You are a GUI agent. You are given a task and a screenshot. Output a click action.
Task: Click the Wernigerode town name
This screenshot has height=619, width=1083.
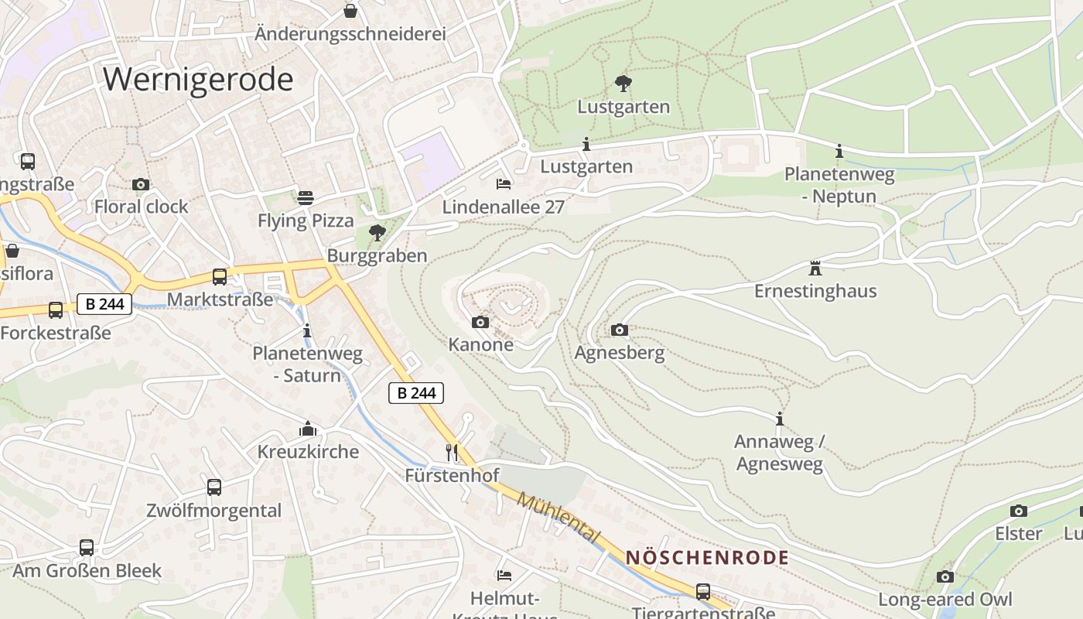198,80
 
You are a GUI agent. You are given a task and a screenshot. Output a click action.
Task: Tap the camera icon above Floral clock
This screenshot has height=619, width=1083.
141,184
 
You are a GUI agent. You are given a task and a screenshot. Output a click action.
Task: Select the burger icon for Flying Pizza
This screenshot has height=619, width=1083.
306,198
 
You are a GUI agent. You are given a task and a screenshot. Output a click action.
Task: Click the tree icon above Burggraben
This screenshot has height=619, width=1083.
378,232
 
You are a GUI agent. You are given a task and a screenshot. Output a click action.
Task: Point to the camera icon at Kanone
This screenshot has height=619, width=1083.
480,322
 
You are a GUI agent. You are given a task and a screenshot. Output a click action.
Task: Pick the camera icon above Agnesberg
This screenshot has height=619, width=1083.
620,330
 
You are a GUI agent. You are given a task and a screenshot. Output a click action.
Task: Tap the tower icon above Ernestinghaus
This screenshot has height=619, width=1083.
815,268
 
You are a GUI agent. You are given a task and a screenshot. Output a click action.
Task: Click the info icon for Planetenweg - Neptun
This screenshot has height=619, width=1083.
839,151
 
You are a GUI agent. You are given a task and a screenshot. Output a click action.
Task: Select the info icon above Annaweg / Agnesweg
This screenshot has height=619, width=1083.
780,419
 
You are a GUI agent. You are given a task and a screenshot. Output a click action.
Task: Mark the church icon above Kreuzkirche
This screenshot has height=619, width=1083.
308,429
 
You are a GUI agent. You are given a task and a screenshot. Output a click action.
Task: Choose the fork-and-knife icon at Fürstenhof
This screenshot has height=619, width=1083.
453,452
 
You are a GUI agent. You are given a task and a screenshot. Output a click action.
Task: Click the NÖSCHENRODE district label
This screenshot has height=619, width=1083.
707,557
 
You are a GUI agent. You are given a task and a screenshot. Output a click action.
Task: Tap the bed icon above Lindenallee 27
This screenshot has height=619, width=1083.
504,184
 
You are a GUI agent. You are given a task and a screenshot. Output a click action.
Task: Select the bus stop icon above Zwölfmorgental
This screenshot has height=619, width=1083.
214,487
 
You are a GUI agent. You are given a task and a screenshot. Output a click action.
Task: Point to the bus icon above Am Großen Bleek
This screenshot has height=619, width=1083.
87,548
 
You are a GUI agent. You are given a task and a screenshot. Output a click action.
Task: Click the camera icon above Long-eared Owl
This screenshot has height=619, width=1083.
945,576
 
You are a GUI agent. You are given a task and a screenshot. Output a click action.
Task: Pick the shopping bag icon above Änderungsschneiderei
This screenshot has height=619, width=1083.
350,11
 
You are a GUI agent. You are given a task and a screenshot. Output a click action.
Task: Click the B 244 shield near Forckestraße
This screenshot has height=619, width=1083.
104,304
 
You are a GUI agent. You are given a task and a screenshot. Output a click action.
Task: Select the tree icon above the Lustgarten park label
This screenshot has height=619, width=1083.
623,83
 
